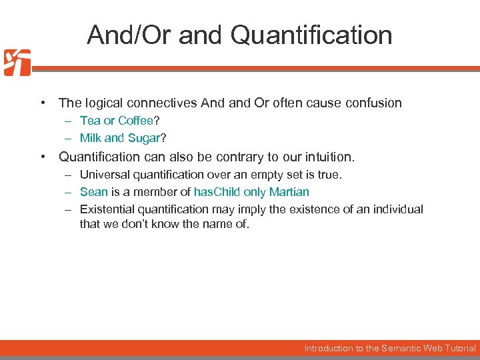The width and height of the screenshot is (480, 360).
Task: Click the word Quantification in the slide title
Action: click(311, 35)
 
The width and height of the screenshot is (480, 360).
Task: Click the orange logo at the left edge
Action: click(17, 62)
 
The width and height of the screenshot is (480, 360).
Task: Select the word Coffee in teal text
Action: click(136, 121)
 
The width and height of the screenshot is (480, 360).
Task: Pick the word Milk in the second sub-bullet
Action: click(91, 138)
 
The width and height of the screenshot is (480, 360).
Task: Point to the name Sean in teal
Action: click(93, 192)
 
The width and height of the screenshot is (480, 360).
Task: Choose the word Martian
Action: click(289, 192)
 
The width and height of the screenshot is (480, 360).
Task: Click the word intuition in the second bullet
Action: click(327, 157)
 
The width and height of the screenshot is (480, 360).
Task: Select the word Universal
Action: click(104, 175)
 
